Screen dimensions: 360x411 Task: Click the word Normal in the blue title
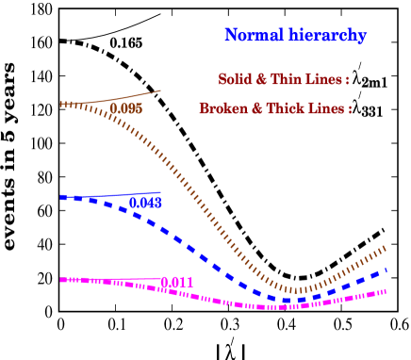249,36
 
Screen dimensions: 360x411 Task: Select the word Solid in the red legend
234,79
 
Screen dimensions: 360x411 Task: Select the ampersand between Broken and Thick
253,108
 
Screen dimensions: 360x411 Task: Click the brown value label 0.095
125,109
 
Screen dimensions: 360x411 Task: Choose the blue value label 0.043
145,203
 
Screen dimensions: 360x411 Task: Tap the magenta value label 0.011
177,283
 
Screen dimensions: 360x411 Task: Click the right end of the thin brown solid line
161,91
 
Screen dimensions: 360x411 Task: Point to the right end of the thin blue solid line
161,192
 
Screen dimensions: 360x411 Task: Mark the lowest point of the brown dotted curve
295,290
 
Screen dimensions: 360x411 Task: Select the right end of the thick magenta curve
386,291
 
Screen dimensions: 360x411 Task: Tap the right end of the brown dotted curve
386,248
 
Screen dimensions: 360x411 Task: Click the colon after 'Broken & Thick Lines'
350,108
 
